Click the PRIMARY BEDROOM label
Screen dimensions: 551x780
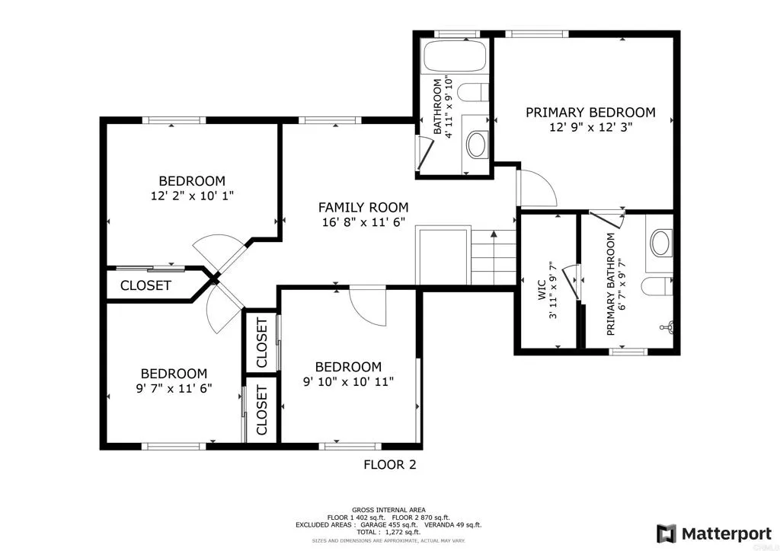[x=590, y=112]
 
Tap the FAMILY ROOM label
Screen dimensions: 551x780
[x=363, y=207]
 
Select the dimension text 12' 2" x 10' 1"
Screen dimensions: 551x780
[x=192, y=196]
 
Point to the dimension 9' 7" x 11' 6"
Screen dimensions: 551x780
[x=174, y=387]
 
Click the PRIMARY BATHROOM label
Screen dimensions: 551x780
[x=610, y=284]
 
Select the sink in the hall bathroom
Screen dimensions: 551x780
[x=478, y=144]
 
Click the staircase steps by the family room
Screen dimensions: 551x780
[x=494, y=256]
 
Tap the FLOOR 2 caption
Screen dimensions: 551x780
[x=389, y=464]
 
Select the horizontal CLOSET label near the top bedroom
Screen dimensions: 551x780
[x=145, y=286]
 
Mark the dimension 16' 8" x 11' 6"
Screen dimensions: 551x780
[x=363, y=222]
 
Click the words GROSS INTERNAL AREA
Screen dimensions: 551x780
[x=388, y=510]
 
